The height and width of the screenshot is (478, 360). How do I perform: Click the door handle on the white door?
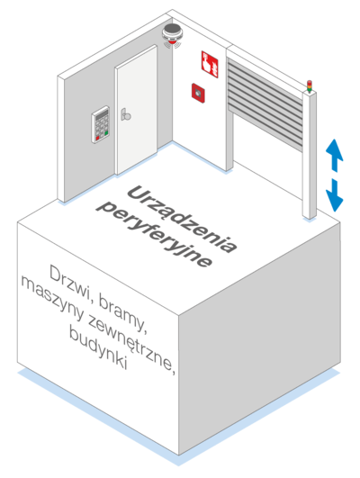click(x=125, y=114)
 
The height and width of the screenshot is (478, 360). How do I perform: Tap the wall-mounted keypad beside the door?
click(x=100, y=124)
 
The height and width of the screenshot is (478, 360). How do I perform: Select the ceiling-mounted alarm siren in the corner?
click(x=172, y=34)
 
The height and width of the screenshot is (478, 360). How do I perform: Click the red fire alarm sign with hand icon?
click(x=210, y=64)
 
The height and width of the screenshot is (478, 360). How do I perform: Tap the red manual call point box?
click(x=198, y=93)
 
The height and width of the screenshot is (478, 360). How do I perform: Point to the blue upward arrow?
click(x=335, y=155)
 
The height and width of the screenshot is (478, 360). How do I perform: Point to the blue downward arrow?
click(x=335, y=195)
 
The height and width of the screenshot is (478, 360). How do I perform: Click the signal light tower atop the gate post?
click(x=309, y=86)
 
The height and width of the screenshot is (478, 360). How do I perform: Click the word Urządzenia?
click(x=182, y=219)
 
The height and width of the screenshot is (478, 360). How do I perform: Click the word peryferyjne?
click(x=153, y=234)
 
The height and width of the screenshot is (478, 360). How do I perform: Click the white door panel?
click(x=137, y=110)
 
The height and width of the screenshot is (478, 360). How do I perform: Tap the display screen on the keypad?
click(x=102, y=115)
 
